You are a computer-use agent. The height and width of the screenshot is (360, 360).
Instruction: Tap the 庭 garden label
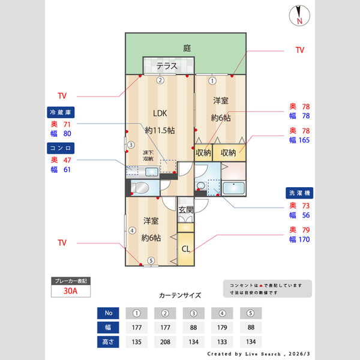(187, 49)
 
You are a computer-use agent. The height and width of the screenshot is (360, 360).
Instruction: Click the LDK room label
(160, 113)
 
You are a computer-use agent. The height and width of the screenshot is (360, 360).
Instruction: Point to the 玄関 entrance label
(186, 210)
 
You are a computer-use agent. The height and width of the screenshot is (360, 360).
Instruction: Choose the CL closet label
(186, 249)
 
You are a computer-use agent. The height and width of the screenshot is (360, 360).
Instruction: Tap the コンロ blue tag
(62, 147)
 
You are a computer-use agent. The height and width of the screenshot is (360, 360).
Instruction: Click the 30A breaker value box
(71, 292)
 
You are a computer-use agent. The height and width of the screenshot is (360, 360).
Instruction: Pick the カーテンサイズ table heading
(180, 295)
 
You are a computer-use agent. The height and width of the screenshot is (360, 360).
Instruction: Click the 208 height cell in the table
(165, 343)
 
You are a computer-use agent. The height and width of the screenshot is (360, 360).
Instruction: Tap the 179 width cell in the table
(223, 328)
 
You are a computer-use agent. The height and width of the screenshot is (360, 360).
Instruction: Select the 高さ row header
(108, 343)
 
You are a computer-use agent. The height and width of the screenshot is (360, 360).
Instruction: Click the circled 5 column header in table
(251, 313)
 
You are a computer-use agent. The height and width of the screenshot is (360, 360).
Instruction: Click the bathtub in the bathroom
(234, 188)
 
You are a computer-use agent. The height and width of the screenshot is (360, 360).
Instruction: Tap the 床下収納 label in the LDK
(148, 155)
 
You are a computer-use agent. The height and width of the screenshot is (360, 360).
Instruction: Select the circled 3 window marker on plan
(130, 144)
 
